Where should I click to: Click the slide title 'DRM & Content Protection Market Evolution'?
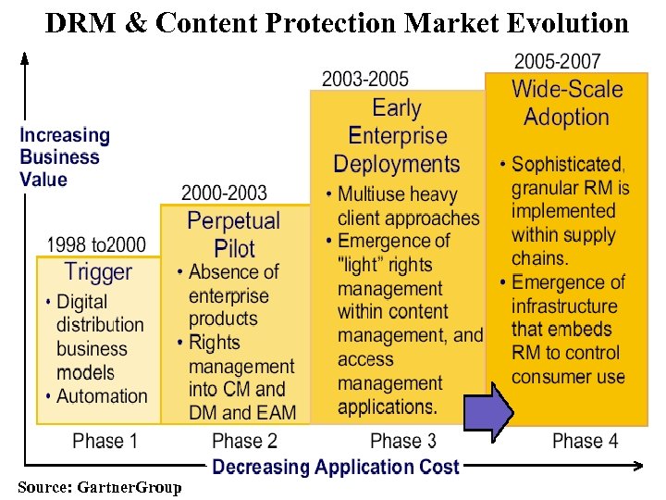[x=337, y=22]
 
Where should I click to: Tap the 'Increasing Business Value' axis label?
[x=65, y=156]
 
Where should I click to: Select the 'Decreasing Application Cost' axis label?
[x=335, y=467]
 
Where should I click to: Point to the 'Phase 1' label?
[x=105, y=441]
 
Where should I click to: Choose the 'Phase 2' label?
[x=244, y=441]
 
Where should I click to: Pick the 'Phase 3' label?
[x=402, y=441]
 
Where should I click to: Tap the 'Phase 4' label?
[x=585, y=441]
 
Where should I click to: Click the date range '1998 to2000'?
[x=97, y=244]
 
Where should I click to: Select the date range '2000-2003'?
[x=224, y=194]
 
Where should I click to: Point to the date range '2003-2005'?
[x=365, y=79]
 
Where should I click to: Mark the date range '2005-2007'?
[x=557, y=62]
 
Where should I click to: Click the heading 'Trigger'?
[x=98, y=272]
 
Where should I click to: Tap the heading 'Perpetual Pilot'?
[x=233, y=234]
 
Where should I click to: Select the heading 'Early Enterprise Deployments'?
[x=397, y=136]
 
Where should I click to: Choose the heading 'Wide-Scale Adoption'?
[x=566, y=103]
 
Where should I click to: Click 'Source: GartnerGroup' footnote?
[x=100, y=487]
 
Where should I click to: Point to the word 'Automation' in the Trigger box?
[x=102, y=396]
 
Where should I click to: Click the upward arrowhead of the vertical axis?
[x=25, y=60]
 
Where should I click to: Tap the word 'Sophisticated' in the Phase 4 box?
[x=567, y=165]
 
